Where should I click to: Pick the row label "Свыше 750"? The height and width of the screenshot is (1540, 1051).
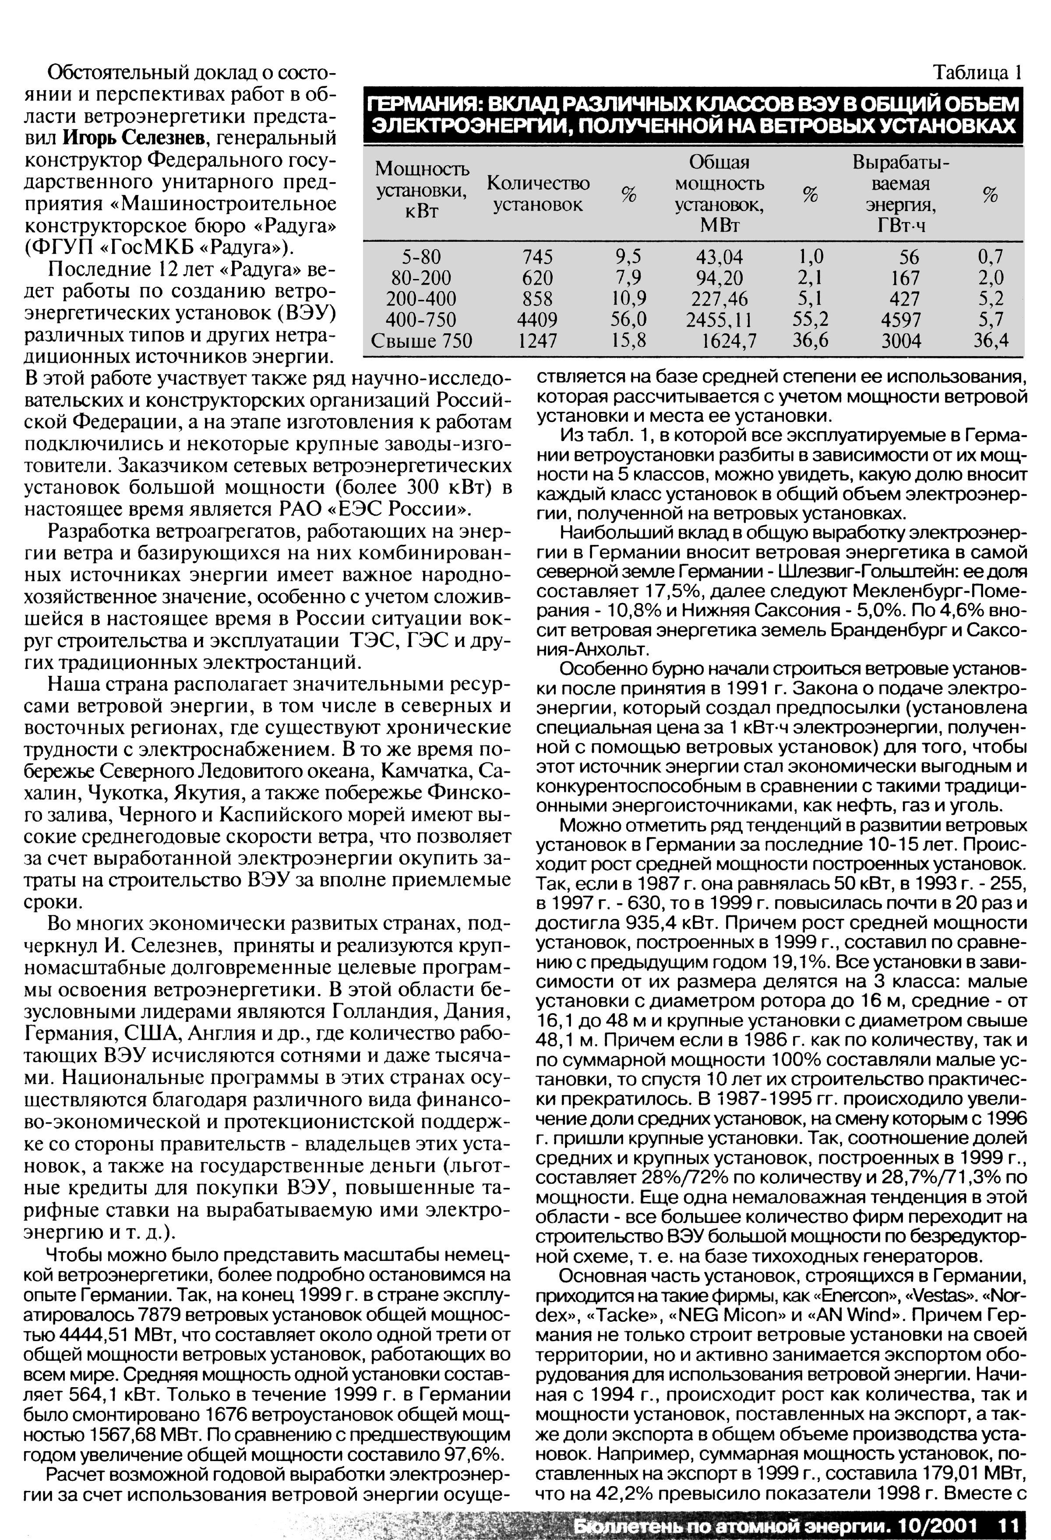coord(421,341)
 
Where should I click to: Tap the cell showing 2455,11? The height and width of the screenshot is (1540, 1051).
coord(719,319)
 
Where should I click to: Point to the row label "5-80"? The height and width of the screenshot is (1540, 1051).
coord(421,256)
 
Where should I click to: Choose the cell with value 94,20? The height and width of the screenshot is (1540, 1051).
coord(718,277)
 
